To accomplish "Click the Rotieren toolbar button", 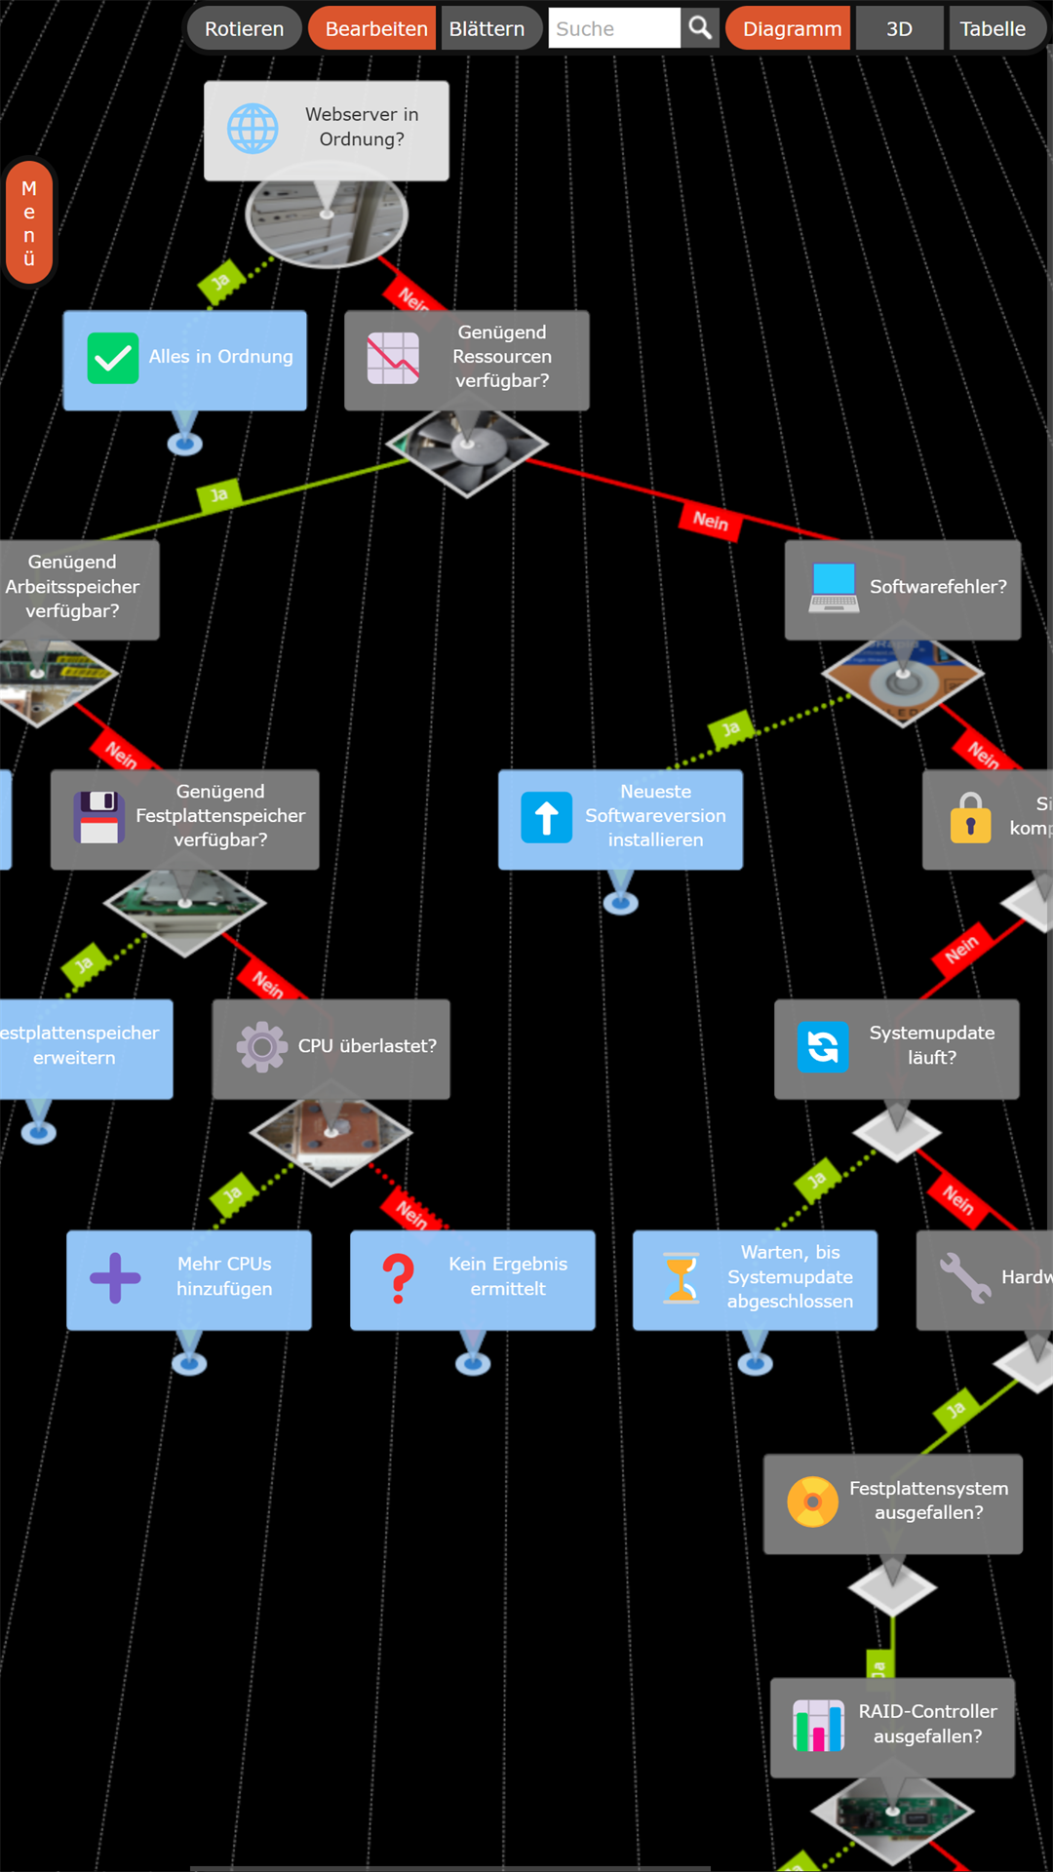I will (244, 28).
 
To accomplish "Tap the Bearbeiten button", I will (374, 28).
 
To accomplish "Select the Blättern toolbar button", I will (487, 28).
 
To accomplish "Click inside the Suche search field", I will (613, 28).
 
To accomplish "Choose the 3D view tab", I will (899, 28).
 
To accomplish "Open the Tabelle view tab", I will (993, 28).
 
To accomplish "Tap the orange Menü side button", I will (29, 223).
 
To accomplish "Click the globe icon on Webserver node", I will (253, 129).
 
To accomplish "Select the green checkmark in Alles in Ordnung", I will (113, 358).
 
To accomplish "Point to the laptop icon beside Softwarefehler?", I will (834, 588).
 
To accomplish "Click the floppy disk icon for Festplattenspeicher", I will (98, 817).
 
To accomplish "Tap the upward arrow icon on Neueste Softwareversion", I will (546, 817).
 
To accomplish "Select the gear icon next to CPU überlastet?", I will (261, 1047).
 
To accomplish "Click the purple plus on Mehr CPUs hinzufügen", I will (115, 1277).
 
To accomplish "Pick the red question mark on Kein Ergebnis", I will (398, 1278).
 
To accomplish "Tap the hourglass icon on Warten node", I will (681, 1278).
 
